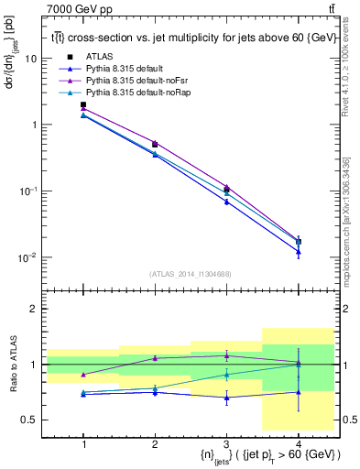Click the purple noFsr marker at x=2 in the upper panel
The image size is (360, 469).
[155, 143]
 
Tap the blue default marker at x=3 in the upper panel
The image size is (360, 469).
[226, 202]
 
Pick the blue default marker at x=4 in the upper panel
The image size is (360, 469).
[298, 251]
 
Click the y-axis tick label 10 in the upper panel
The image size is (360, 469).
[31, 58]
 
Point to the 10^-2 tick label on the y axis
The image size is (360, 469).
[28, 257]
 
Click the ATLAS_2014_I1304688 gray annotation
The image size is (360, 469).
[191, 273]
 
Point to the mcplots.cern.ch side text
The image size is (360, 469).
[351, 220]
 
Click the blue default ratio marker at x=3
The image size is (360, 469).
[226, 398]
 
